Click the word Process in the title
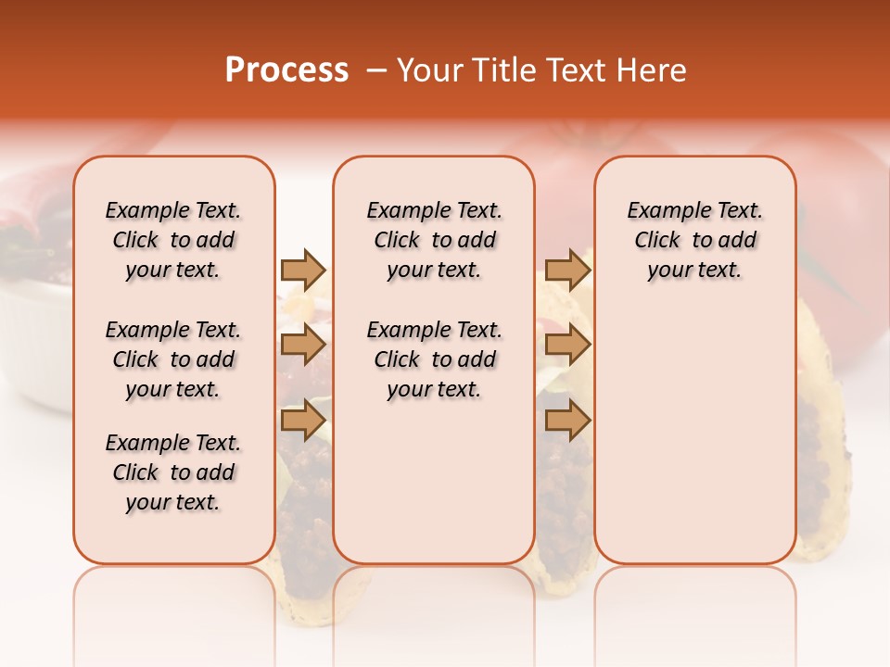coord(286,70)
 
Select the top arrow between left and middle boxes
coord(303,270)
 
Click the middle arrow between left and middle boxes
coord(303,345)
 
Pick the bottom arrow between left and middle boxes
coord(303,421)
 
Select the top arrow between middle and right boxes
coord(567,270)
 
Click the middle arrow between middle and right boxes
coord(567,345)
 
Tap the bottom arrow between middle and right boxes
coord(567,421)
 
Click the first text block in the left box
coord(173,240)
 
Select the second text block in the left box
coord(173,359)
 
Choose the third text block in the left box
coord(173,472)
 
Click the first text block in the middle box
coord(434,240)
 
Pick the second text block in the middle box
coord(434,359)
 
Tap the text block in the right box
coord(695,240)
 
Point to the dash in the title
coord(376,70)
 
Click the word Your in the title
coord(428,70)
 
